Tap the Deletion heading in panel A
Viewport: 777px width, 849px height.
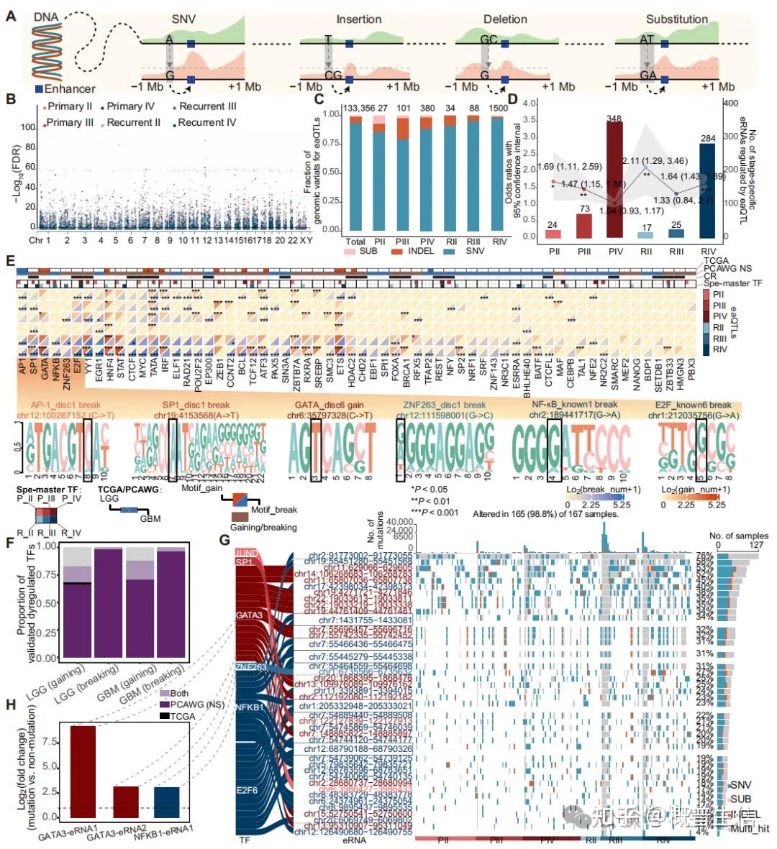(505, 19)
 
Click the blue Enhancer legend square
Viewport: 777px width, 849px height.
(38, 88)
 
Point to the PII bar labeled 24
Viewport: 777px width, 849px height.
(553, 234)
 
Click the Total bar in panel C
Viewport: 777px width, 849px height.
(355, 177)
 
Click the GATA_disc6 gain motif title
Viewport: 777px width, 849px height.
(330, 405)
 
